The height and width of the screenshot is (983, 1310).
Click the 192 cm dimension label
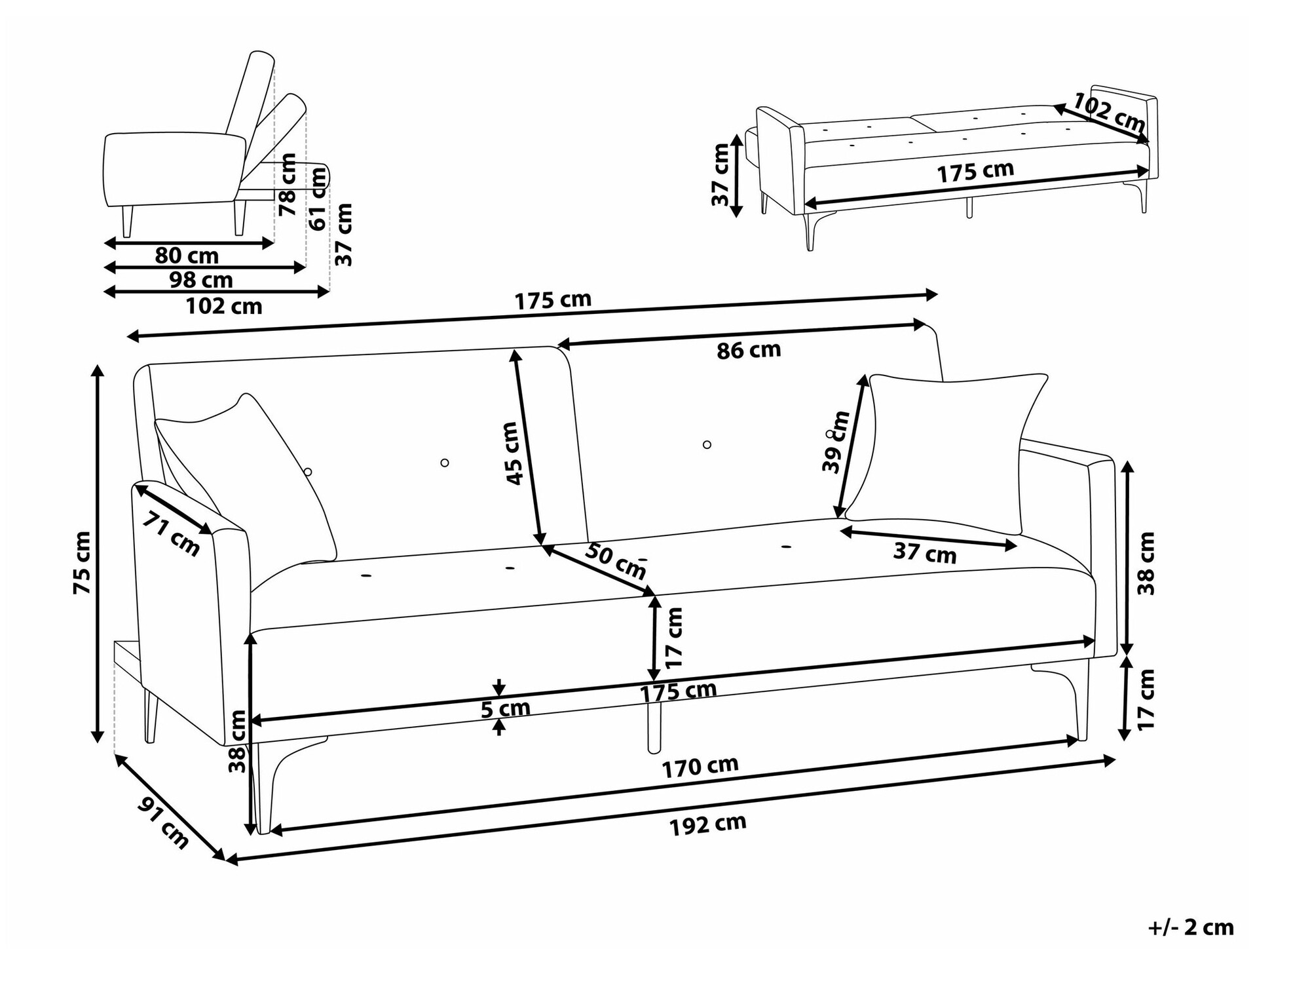click(x=707, y=824)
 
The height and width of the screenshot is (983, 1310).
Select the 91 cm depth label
click(x=163, y=823)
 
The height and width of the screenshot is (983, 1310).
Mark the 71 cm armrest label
click(x=172, y=533)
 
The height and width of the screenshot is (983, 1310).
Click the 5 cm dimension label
click(x=505, y=708)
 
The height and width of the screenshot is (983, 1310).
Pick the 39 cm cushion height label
click(x=836, y=441)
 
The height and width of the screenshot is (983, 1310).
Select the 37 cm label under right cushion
click(x=925, y=554)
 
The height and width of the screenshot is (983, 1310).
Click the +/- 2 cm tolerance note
click(x=1191, y=927)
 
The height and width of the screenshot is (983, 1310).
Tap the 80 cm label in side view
click(x=187, y=256)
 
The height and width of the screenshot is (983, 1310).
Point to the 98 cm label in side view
click(x=201, y=280)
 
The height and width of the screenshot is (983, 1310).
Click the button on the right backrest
click(x=707, y=444)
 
